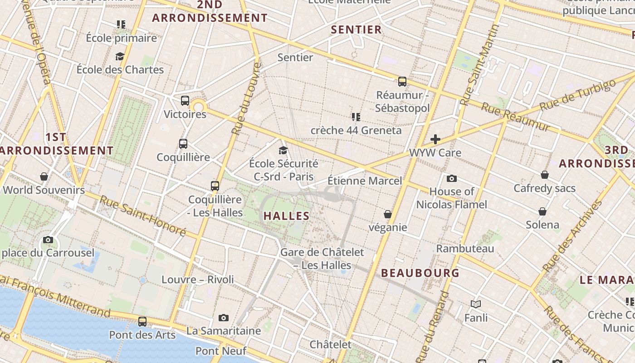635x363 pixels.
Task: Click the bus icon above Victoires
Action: tap(185, 101)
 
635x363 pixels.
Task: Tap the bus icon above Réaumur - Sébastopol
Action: tap(402, 82)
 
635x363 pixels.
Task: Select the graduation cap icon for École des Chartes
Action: tap(120, 56)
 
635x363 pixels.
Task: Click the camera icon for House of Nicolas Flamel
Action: tap(452, 178)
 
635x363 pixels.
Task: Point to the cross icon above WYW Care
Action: tap(435, 139)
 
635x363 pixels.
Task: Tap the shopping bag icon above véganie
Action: tap(388, 214)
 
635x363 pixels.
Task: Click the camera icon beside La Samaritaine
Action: tap(224, 318)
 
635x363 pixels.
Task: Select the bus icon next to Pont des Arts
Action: tap(142, 322)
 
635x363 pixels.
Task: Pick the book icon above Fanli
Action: tap(476, 304)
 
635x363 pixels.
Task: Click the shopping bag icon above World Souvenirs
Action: tap(44, 177)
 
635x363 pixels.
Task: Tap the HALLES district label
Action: tap(287, 216)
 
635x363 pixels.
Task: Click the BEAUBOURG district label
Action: tap(420, 273)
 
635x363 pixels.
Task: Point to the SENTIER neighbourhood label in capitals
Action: tap(357, 30)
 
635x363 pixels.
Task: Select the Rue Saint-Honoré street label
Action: tap(143, 216)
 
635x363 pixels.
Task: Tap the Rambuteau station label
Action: tap(465, 249)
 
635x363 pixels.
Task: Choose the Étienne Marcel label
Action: tap(365, 181)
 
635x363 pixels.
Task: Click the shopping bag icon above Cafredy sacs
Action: tap(545, 175)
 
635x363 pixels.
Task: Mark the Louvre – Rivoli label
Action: tap(198, 280)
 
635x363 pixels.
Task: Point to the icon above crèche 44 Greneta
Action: tap(356, 117)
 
